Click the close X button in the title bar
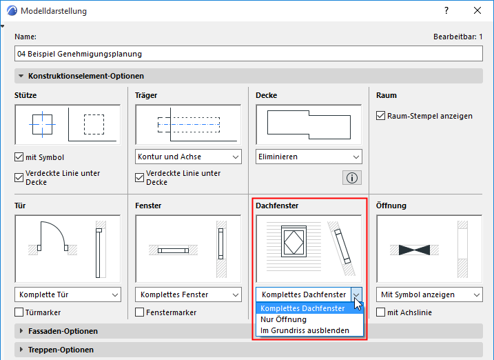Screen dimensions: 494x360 click(477, 11)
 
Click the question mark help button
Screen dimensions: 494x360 click(446, 11)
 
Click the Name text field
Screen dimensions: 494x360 click(249, 54)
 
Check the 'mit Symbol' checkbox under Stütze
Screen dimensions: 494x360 click(19, 157)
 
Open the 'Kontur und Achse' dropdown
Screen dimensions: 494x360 click(188, 157)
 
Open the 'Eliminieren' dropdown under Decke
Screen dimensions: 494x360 click(309, 157)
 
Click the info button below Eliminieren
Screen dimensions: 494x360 click(352, 178)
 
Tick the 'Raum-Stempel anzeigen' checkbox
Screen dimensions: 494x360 click(380, 116)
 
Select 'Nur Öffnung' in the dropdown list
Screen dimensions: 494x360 click(283, 319)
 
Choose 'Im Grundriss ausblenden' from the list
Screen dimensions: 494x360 click(305, 330)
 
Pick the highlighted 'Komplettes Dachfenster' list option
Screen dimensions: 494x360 click(302, 308)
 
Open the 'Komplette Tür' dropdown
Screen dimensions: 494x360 click(68, 294)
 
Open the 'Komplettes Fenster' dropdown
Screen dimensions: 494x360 click(188, 294)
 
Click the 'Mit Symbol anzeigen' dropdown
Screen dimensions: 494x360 click(429, 294)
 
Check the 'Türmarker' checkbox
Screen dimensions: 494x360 click(19, 312)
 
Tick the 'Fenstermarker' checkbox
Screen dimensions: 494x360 click(140, 312)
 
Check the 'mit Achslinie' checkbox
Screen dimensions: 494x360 click(380, 312)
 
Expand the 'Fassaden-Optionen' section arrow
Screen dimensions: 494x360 click(21, 331)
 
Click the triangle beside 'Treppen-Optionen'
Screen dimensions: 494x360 click(21, 350)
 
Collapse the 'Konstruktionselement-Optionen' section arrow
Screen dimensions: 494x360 click(21, 76)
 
